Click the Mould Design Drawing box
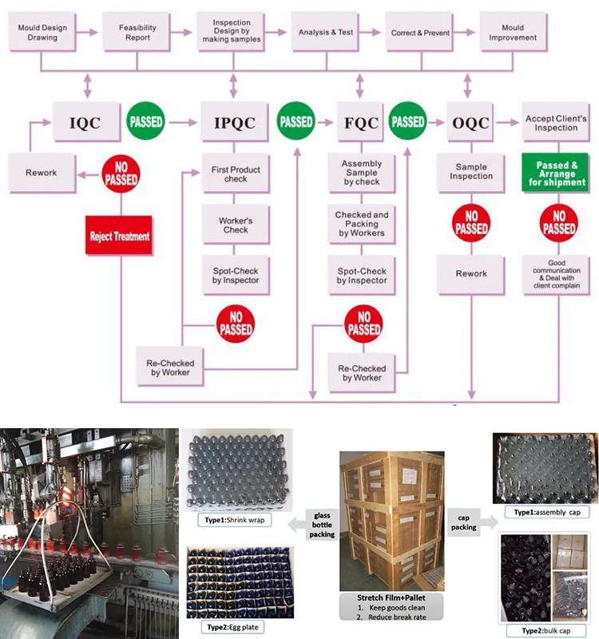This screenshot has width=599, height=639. coord(42,33)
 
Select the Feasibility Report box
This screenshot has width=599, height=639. coord(138,33)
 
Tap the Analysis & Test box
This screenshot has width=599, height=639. coord(325,33)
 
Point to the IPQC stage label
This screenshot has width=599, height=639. coord(235,123)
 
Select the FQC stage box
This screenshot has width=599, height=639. coord(360,123)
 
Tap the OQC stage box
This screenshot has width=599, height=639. coord(470,123)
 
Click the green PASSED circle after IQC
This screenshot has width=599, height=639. coord(145,122)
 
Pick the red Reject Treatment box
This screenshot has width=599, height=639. coord(120,236)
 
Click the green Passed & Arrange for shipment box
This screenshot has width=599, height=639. coord(556,172)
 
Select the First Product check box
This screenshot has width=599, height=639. coord(235,174)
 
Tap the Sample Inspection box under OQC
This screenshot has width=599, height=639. coord(471,172)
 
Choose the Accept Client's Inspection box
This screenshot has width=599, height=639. coord(556,123)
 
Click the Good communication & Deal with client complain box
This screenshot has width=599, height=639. coord(556,274)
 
